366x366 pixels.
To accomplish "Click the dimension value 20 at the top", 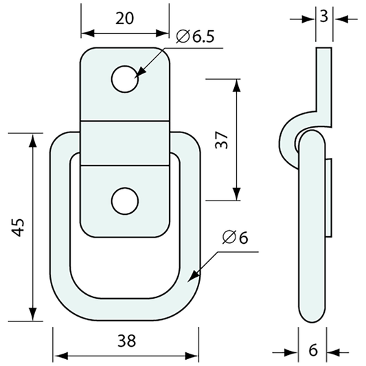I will click(x=124, y=19).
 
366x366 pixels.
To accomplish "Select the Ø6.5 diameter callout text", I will click(x=194, y=36).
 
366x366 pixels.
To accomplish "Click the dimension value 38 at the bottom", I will click(x=126, y=341).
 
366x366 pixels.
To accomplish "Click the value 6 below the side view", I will click(x=312, y=350).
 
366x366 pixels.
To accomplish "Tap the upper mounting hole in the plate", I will click(x=125, y=78).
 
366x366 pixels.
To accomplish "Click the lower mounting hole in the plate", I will click(x=125, y=201).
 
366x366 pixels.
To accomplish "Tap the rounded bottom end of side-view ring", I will click(x=312, y=317).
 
